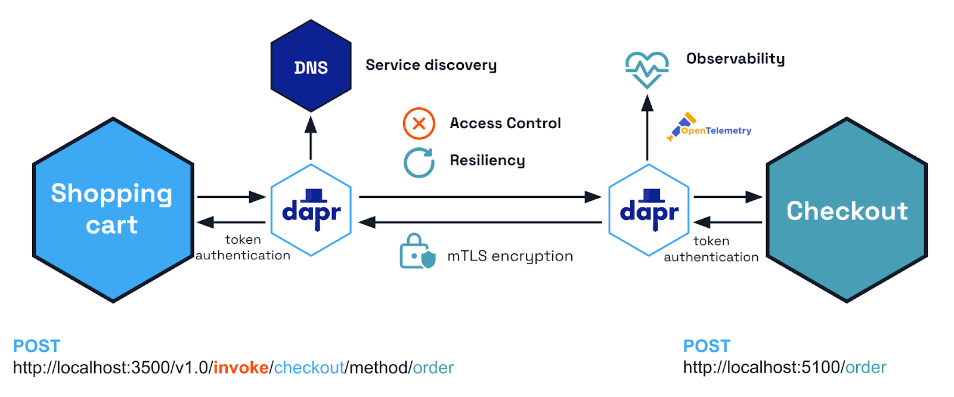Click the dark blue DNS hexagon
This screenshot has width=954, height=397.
pyautogui.click(x=311, y=66)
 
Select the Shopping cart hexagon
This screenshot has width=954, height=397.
pyautogui.click(x=113, y=210)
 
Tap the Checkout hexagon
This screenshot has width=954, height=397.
pyautogui.click(x=847, y=210)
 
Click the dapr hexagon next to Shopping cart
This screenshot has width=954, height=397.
pyautogui.click(x=311, y=210)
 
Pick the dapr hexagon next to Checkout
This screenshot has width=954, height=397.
pyautogui.click(x=649, y=210)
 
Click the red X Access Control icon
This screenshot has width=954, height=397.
pyautogui.click(x=419, y=123)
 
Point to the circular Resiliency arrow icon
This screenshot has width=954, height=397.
pyautogui.click(x=419, y=162)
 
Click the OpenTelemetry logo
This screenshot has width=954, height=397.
pyautogui.click(x=709, y=128)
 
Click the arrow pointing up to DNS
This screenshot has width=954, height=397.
pyautogui.click(x=311, y=138)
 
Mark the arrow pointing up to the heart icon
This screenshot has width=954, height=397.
pyautogui.click(x=648, y=128)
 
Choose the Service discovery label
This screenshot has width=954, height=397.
pyautogui.click(x=431, y=65)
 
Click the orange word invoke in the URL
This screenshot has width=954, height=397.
pyautogui.click(x=241, y=368)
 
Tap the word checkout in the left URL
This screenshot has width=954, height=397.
pyautogui.click(x=309, y=368)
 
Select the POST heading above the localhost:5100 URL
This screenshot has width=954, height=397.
pyautogui.click(x=707, y=346)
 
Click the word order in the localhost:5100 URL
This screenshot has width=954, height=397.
pyautogui.click(x=866, y=368)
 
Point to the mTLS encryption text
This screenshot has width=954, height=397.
pyautogui.click(x=510, y=256)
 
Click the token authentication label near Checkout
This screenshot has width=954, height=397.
pyautogui.click(x=711, y=249)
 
